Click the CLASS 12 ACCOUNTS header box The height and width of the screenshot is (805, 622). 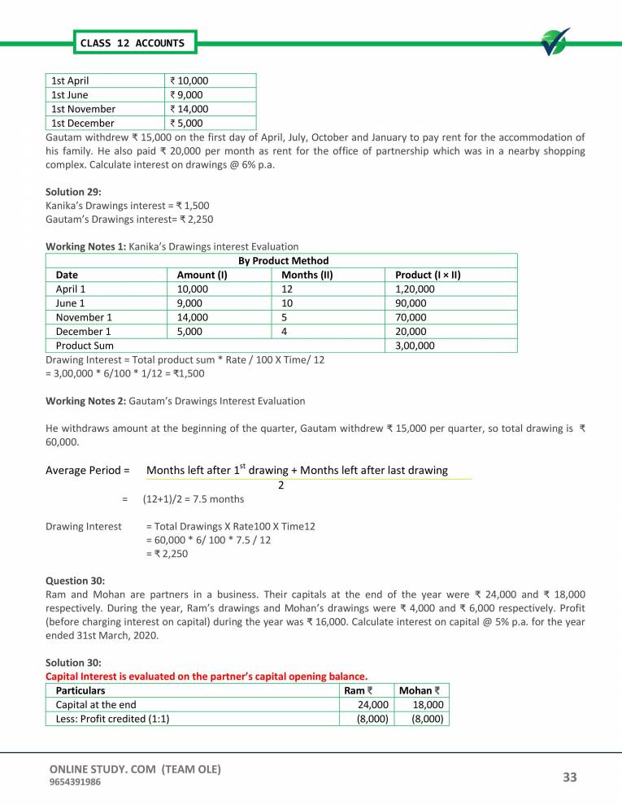tap(131, 42)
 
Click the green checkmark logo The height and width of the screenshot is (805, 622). tap(555, 42)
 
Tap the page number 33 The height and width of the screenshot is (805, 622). tap(569, 777)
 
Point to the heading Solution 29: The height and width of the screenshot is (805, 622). tap(74, 193)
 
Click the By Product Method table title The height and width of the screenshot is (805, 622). tap(283, 260)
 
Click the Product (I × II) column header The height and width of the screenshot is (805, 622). tap(428, 275)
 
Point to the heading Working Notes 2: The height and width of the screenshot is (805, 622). tap(85, 401)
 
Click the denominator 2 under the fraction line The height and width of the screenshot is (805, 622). tap(281, 485)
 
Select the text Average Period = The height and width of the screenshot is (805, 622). tap(88, 470)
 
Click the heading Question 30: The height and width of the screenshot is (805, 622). tap(75, 581)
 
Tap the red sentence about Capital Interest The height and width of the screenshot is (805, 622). tap(207, 676)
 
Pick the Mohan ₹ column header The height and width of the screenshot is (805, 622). tap(420, 690)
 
